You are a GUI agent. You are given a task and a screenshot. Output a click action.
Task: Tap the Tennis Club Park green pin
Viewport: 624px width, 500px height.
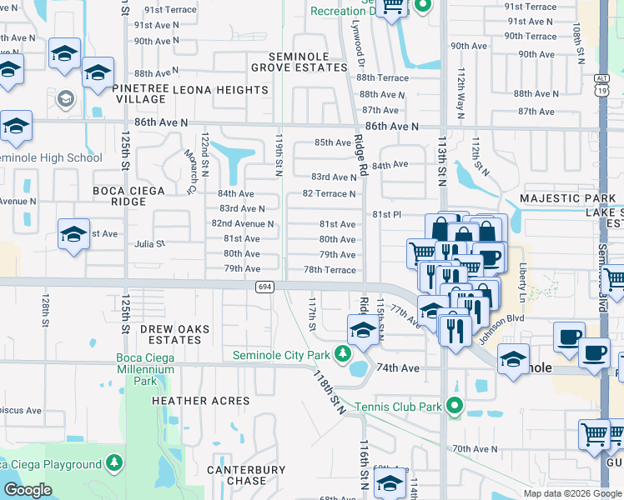pos(454,407)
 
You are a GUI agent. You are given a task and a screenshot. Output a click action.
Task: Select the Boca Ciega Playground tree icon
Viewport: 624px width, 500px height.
pos(114,463)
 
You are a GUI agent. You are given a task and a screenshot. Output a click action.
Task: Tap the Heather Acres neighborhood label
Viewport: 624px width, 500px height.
pos(201,401)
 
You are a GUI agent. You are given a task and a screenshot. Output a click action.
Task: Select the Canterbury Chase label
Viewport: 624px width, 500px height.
pos(247,475)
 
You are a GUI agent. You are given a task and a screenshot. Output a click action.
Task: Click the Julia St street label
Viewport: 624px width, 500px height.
pos(150,244)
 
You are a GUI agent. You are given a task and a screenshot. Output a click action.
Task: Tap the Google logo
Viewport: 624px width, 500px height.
pos(28,490)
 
